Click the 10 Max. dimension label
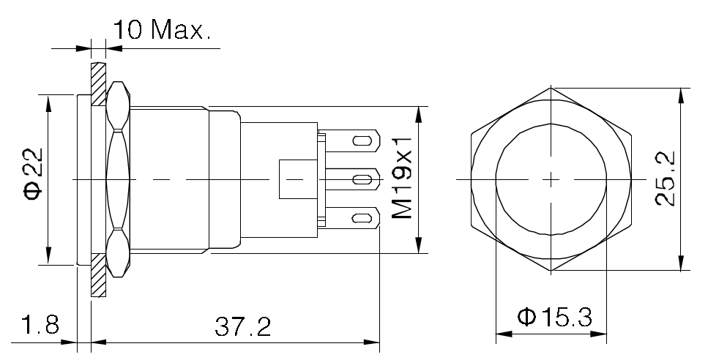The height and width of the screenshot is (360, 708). click(161, 30)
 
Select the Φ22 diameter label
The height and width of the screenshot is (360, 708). click(34, 179)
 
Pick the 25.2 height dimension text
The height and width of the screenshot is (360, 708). click(665, 179)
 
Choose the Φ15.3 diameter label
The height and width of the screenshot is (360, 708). click(554, 318)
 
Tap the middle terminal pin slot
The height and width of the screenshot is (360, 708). click(360, 179)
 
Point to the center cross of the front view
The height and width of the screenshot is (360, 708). click(551, 179)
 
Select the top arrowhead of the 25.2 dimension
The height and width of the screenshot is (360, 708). click(682, 94)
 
